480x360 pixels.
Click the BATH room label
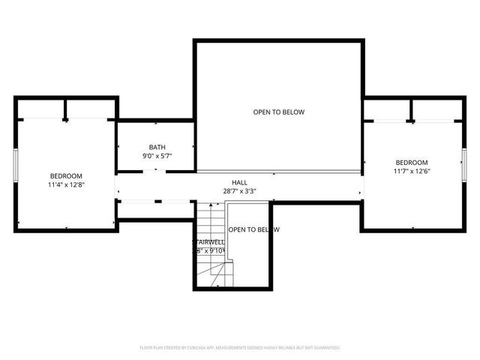(x=157, y=147)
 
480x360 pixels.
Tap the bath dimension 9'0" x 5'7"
(x=157, y=156)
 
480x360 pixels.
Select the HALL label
(x=239, y=182)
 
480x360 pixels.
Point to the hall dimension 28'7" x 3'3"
(x=239, y=191)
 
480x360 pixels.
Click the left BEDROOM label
(x=66, y=175)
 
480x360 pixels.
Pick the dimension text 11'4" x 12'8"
(x=66, y=184)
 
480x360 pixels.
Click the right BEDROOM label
(x=411, y=163)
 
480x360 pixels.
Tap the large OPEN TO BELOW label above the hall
(x=278, y=112)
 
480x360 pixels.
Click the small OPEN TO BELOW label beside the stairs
(x=253, y=229)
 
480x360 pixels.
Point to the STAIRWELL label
(x=208, y=242)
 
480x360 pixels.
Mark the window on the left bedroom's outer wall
(x=15, y=165)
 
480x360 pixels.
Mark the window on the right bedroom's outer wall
(x=464, y=165)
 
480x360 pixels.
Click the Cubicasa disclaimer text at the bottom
(x=240, y=348)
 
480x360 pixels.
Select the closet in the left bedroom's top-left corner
(x=41, y=109)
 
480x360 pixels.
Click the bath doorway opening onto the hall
(x=155, y=171)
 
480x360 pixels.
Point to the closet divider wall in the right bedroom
(x=411, y=111)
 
